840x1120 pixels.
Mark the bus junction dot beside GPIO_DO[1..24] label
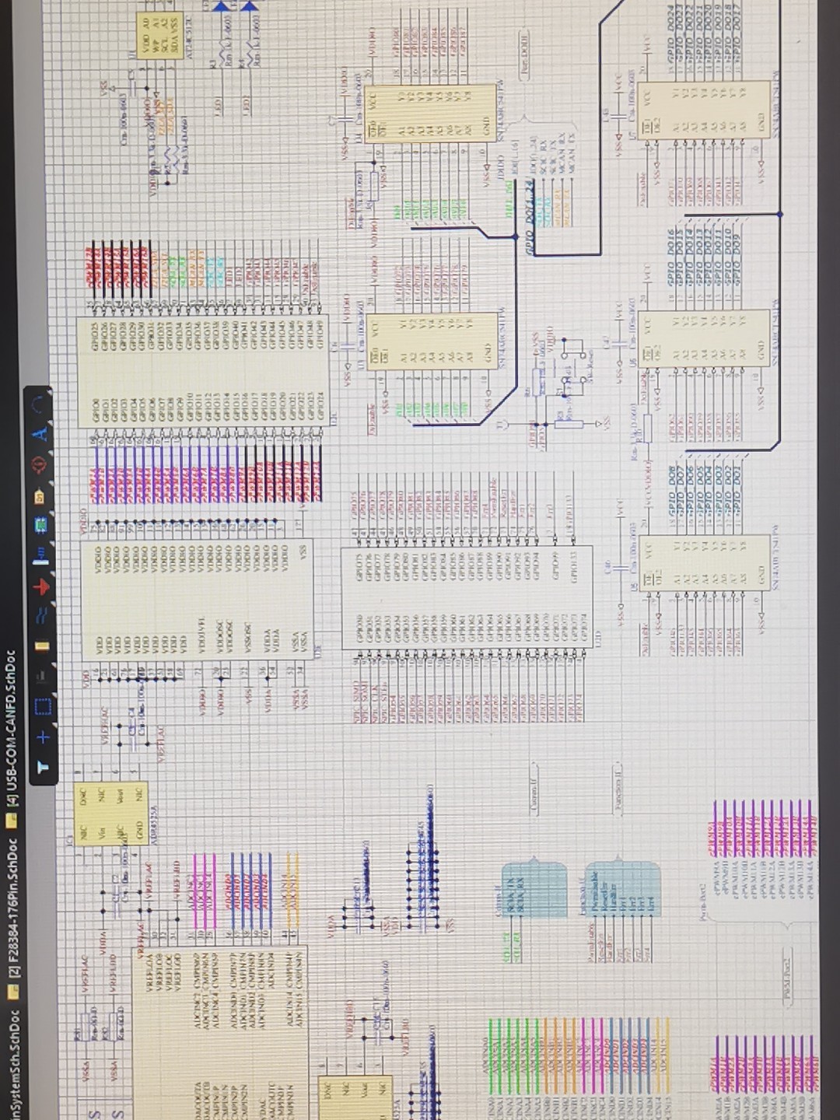click(516, 237)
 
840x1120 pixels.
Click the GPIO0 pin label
click(96, 405)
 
